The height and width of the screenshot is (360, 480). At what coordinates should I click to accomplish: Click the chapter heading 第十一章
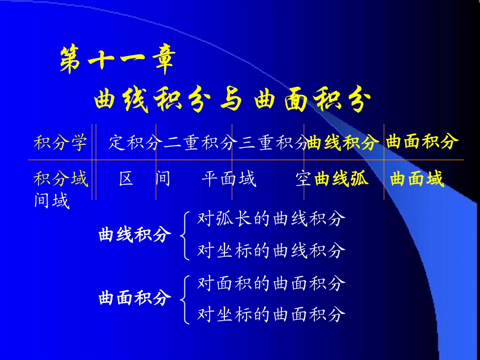117,62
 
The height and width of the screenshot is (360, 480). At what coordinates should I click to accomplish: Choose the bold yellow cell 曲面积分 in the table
422,142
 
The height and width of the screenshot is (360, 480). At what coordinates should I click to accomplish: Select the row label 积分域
60,179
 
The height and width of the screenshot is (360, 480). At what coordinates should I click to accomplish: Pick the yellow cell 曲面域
417,179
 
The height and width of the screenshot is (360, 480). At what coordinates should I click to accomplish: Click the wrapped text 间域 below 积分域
51,201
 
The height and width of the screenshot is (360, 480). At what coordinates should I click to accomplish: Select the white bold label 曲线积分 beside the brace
135,235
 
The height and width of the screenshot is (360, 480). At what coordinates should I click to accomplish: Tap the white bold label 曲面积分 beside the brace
135,298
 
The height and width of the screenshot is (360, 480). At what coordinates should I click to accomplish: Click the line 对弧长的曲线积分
271,219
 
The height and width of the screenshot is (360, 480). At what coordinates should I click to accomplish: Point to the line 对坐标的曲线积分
271,250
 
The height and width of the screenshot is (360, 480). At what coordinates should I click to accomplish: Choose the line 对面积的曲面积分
271,283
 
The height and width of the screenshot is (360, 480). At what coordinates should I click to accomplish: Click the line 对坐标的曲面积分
271,315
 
